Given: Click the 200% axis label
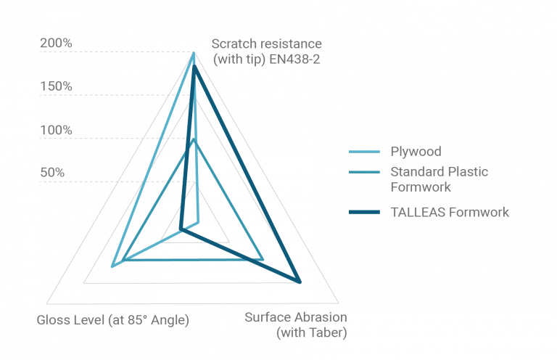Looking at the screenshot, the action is pyautogui.click(x=56, y=43).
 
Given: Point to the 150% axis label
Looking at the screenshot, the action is pyautogui.click(x=56, y=86).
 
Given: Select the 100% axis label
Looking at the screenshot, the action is pyautogui.click(x=56, y=130).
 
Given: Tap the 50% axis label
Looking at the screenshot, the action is pyautogui.click(x=52, y=173).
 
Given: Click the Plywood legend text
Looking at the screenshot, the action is pyautogui.click(x=416, y=152).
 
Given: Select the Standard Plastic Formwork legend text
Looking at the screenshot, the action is pyautogui.click(x=440, y=179).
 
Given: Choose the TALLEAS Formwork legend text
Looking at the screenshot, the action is pyautogui.click(x=450, y=212).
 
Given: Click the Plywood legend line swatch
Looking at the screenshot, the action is pyautogui.click(x=365, y=152).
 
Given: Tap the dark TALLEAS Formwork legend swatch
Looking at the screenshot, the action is pyautogui.click(x=365, y=212).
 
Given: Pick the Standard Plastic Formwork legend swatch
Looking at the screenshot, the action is pyautogui.click(x=365, y=172).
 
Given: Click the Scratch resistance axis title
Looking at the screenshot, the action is pyautogui.click(x=267, y=52).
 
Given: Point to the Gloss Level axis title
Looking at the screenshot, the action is pyautogui.click(x=113, y=320).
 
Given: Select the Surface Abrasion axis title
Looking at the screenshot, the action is pyautogui.click(x=296, y=324).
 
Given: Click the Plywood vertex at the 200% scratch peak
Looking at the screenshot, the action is pyautogui.click(x=194, y=53).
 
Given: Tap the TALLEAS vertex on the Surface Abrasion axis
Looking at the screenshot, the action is pyautogui.click(x=300, y=282).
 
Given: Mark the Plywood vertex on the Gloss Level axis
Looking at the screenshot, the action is pyautogui.click(x=112, y=266).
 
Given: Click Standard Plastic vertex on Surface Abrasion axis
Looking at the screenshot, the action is pyautogui.click(x=263, y=259).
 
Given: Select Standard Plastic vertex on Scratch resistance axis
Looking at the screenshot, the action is pyautogui.click(x=194, y=139).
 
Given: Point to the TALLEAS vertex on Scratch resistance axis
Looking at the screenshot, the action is pyautogui.click(x=194, y=66).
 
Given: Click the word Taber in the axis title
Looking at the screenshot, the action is pyautogui.click(x=326, y=332).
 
